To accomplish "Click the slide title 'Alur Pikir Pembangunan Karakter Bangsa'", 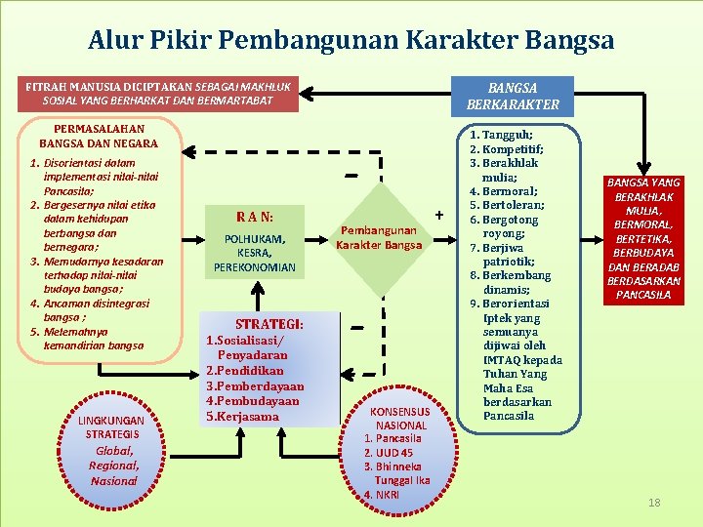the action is click(351, 40).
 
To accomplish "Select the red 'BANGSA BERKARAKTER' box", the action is click(513, 96).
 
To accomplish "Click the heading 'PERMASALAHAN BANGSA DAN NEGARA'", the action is click(99, 136).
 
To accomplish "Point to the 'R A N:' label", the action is click(255, 216).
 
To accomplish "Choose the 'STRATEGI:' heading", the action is click(269, 324).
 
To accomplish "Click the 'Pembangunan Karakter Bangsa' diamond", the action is click(379, 237).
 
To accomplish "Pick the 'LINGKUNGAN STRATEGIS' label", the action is click(112, 426).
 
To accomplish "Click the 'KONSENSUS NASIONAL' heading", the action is click(401, 419).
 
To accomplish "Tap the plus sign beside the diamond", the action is click(438, 214).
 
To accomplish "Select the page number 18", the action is click(654, 502).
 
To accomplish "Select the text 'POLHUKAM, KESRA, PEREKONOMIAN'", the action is click(255, 253).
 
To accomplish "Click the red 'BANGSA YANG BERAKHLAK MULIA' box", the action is click(643, 239).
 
